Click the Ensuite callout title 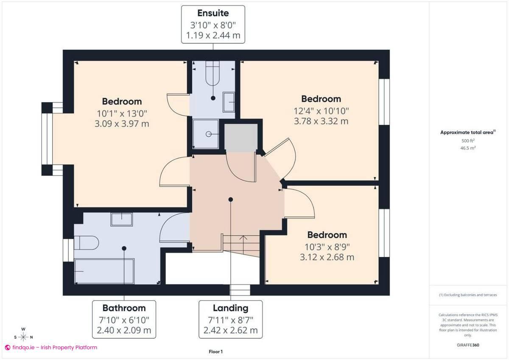(x=213, y=14)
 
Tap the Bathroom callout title (x=124, y=308)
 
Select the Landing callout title (x=230, y=308)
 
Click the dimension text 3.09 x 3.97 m (x=122, y=124)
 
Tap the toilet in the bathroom (x=87, y=243)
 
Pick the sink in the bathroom (x=122, y=220)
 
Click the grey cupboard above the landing (x=240, y=138)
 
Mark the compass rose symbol (x=23, y=337)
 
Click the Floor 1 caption (x=215, y=352)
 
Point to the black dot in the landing (x=231, y=199)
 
